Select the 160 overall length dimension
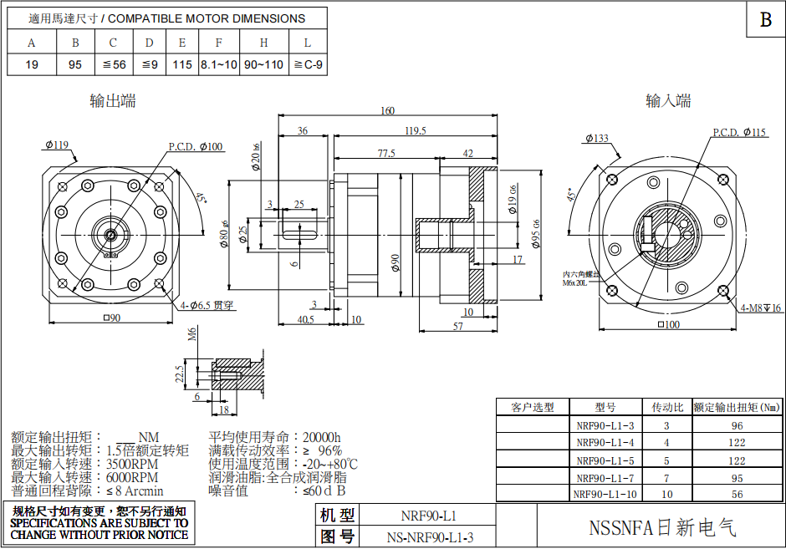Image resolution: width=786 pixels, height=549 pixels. pyautogui.click(x=388, y=111)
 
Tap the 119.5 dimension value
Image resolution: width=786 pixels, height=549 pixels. pyautogui.click(x=415, y=130)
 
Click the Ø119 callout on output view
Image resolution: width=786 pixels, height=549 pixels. pyautogui.click(x=57, y=145)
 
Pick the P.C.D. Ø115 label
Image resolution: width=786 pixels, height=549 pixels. pyautogui.click(x=739, y=132)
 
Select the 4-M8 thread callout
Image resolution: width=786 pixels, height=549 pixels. pyautogui.click(x=760, y=308)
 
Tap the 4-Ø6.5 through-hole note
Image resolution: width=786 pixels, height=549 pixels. pyautogui.click(x=206, y=305)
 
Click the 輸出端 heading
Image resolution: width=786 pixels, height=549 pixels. pyautogui.click(x=113, y=101)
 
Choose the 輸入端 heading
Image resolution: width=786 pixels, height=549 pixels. pyautogui.click(x=668, y=101)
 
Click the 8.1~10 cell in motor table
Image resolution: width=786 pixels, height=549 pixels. pyautogui.click(x=219, y=64)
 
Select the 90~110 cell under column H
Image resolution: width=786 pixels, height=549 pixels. pyautogui.click(x=263, y=64)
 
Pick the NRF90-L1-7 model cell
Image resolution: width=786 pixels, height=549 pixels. pyautogui.click(x=605, y=478)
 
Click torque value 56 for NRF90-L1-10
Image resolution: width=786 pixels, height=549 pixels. pyautogui.click(x=737, y=494)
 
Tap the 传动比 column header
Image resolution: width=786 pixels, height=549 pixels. pyautogui.click(x=667, y=407)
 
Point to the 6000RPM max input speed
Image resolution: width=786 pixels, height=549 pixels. pyautogui.click(x=132, y=477)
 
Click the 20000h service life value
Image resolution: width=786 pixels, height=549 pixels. pyautogui.click(x=322, y=437)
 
